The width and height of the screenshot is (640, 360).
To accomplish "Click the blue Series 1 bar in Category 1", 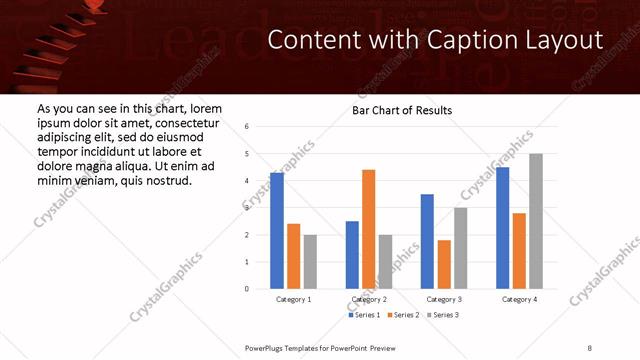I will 277,231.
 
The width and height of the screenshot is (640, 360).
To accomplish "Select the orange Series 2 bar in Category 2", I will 368,229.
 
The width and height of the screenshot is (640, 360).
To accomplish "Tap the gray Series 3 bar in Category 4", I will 536,221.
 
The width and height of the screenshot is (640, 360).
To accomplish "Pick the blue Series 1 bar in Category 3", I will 427,241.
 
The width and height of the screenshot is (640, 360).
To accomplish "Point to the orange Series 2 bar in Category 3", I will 444,264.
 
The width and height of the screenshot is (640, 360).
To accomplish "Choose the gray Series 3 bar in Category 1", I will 310,262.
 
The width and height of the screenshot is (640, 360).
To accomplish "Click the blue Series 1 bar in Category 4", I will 502,228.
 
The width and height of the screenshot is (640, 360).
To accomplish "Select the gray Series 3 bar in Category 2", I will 386,262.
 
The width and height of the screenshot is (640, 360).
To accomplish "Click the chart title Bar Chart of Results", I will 402,110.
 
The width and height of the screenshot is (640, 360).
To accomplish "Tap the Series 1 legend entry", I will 365,315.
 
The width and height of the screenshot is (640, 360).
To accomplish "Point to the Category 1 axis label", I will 293,299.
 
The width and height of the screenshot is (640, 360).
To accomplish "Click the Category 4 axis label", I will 519,299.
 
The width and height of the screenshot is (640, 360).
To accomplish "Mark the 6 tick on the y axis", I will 246,127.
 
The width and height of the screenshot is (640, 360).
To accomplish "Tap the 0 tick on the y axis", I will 246,289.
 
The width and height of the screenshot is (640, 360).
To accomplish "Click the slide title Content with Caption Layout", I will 436,40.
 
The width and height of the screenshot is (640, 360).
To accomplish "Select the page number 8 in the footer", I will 590,347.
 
